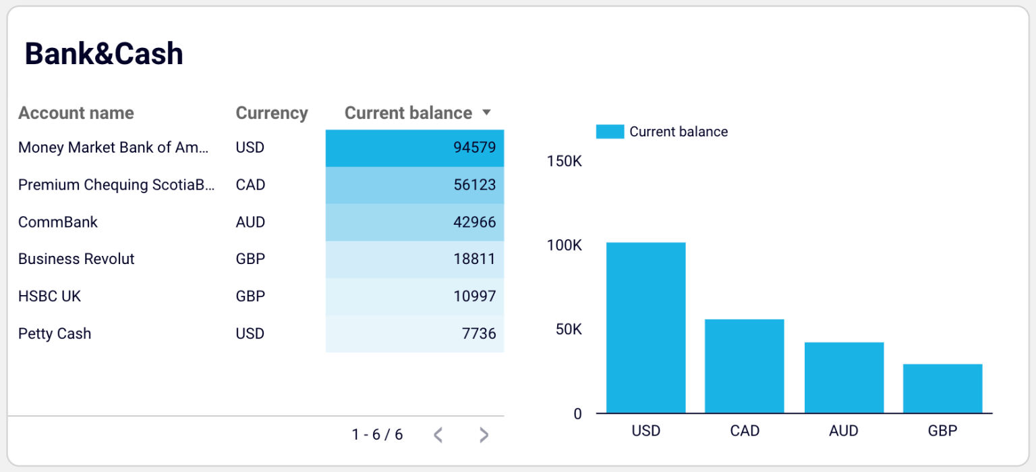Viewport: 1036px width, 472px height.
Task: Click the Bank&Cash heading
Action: (x=104, y=54)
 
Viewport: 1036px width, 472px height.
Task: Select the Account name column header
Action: (x=76, y=113)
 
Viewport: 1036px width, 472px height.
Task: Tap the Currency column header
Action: (x=272, y=113)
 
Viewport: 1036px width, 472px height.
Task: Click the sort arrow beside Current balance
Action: (x=486, y=113)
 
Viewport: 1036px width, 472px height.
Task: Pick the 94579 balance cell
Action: (x=414, y=148)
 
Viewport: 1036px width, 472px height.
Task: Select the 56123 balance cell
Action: (x=414, y=185)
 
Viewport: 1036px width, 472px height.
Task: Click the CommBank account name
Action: (x=58, y=222)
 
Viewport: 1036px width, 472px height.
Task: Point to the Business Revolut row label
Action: (x=76, y=259)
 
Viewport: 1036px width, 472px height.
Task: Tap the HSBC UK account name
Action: (x=50, y=296)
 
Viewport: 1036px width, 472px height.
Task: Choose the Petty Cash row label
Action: (x=55, y=334)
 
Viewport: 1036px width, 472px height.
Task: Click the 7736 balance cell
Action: (x=414, y=334)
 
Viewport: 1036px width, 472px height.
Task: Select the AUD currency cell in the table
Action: (x=250, y=222)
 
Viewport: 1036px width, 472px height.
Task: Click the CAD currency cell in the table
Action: (x=250, y=185)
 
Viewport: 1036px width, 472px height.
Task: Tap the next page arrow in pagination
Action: (x=484, y=435)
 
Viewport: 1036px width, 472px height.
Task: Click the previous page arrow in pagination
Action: (x=438, y=435)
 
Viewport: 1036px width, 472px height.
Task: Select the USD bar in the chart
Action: (x=645, y=327)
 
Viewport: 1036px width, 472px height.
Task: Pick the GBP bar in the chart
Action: (x=942, y=388)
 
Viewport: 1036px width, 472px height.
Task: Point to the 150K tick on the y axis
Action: (x=565, y=161)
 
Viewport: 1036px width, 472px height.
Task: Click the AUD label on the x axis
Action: (x=844, y=431)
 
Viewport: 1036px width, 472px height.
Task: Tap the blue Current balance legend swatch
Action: (x=610, y=132)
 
